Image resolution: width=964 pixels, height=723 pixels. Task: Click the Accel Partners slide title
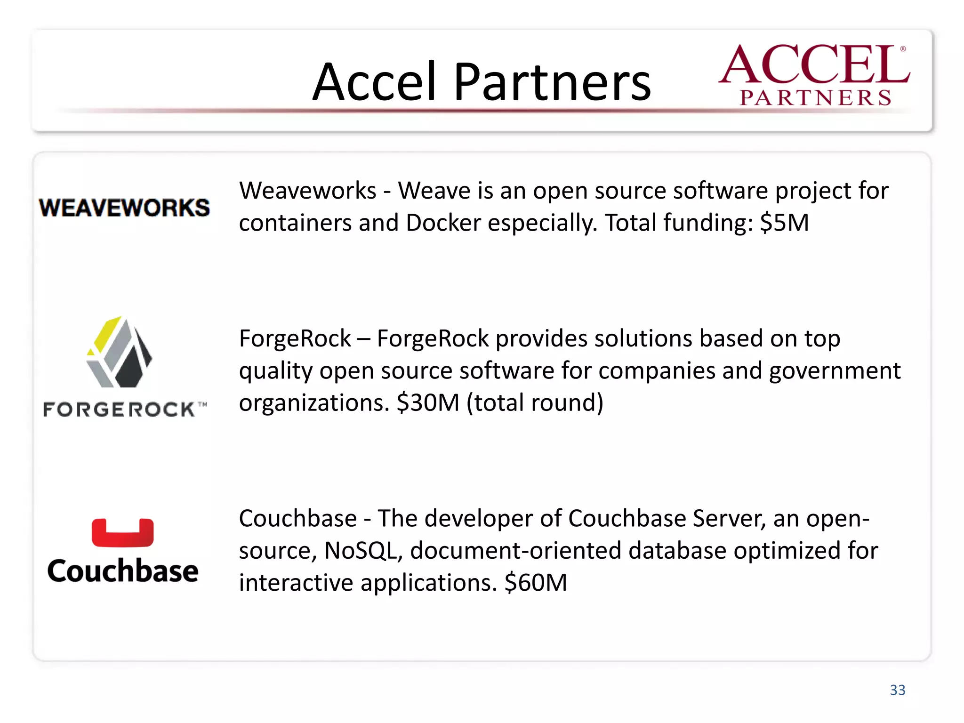coord(481,82)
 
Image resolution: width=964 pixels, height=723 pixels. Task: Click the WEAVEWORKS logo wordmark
coord(124,208)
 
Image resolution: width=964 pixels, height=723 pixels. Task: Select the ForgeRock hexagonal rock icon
coord(120,352)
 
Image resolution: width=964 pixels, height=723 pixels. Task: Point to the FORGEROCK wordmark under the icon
coord(120,410)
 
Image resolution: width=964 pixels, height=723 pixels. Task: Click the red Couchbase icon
coord(122,533)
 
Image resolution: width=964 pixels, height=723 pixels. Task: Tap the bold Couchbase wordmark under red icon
coord(123,571)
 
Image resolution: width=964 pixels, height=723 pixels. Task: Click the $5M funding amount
coord(784,223)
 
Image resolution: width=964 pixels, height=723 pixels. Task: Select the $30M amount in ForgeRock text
coord(427,403)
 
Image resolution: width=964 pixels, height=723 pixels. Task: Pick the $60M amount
coord(536,583)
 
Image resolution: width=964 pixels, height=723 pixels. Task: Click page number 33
coord(897,690)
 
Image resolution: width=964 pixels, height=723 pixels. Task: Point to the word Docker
coord(443,223)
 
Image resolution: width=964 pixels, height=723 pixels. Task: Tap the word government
coord(835,371)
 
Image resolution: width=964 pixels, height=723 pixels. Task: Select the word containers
coord(295,223)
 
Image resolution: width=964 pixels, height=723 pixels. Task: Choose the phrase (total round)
coord(535,403)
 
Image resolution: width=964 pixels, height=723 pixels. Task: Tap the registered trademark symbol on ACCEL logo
coord(903,48)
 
